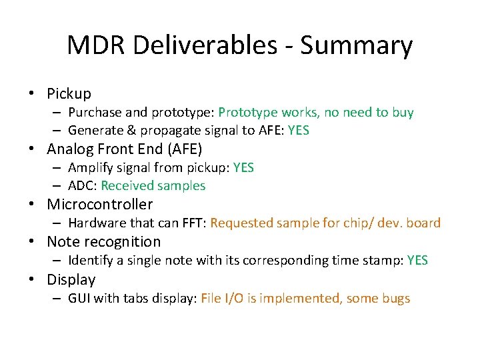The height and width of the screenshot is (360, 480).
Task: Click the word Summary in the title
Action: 356,46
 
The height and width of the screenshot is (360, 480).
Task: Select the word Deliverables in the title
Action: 204,46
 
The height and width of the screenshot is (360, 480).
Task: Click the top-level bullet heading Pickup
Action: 69,93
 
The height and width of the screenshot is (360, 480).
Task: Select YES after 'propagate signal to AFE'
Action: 298,131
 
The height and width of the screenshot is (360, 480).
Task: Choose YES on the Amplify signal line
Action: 243,167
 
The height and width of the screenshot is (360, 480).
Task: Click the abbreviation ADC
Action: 80,186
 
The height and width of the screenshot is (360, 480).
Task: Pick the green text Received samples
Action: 153,186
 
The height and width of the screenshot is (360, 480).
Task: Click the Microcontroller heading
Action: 99,205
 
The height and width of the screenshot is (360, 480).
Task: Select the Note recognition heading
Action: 103,242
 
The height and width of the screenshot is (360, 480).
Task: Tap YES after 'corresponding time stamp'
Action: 417,261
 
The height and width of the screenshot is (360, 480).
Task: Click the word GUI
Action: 79,298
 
